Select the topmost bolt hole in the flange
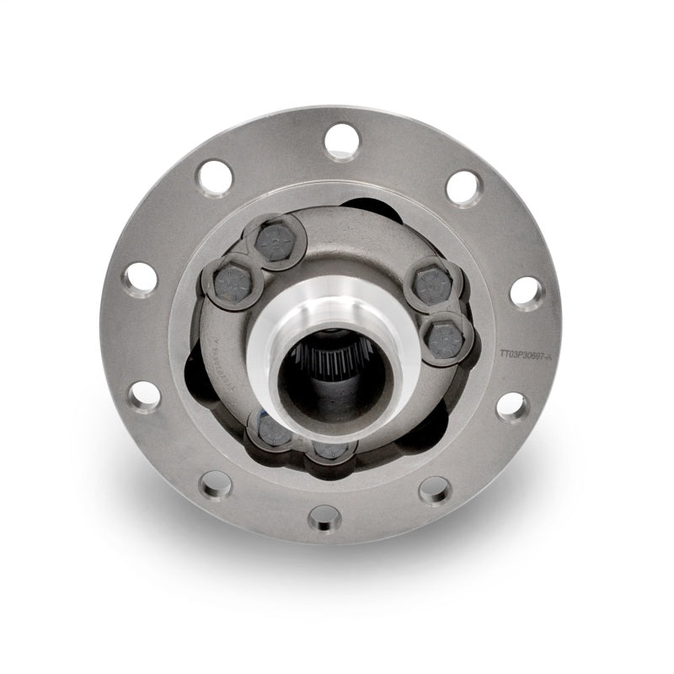coord(342,141)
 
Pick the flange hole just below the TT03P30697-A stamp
coord(511,406)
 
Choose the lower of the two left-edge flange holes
coord(145,396)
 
